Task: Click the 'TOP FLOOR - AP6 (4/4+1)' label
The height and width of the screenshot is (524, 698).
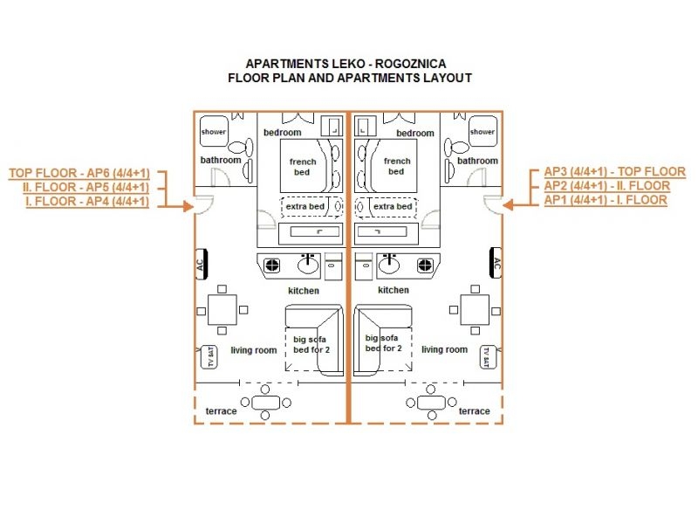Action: (79, 172)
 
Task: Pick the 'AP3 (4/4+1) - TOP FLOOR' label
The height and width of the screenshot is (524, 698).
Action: (614, 171)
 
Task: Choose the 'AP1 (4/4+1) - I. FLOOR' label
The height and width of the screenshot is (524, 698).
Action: (606, 200)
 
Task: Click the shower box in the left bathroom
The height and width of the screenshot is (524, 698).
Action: (214, 132)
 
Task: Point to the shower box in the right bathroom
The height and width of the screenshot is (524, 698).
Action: (482, 132)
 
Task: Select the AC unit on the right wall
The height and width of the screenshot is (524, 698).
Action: (497, 264)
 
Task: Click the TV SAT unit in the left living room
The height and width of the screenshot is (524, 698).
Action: (209, 356)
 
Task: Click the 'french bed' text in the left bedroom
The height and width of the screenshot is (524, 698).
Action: (302, 166)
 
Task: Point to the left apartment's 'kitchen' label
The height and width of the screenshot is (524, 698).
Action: (304, 290)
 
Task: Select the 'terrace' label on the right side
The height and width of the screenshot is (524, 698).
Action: (474, 410)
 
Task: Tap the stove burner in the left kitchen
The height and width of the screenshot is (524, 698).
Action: (272, 264)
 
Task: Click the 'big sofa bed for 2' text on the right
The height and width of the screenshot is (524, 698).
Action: (384, 342)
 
